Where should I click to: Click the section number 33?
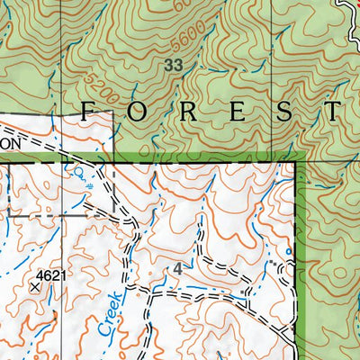174,65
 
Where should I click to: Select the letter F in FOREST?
90,112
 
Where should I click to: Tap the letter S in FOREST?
283,112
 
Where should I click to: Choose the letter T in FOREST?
332,112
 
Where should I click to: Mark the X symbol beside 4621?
36,286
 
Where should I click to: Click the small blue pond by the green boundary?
288,251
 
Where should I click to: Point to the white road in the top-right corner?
346,9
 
